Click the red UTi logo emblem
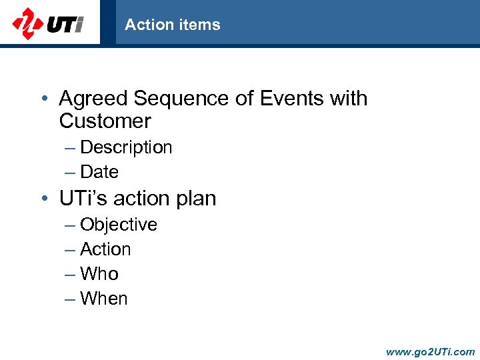27,23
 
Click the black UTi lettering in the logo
65,25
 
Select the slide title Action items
172,25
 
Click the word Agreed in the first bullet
93,99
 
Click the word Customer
105,121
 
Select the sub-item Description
126,147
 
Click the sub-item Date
99,172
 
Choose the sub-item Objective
119,225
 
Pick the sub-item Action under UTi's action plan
105,249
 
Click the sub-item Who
99,274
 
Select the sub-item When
103,299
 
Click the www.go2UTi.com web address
430,351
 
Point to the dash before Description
70,148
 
